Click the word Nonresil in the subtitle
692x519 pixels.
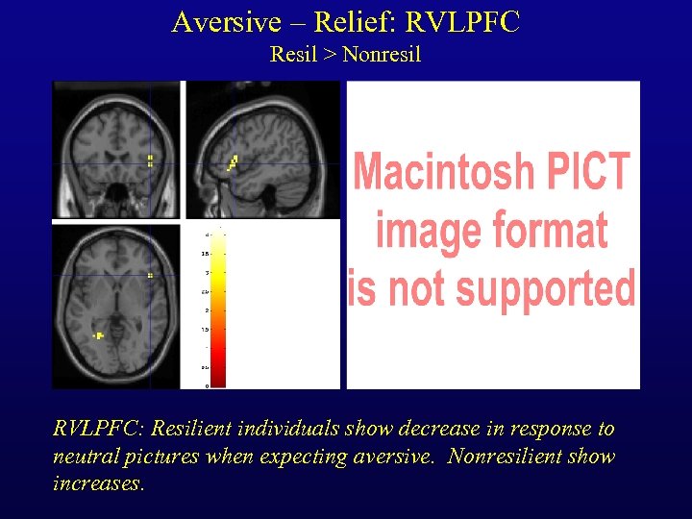pyautogui.click(x=382, y=55)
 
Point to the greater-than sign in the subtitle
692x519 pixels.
pyautogui.click(x=329, y=55)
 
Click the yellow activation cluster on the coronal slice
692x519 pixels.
pyautogui.click(x=150, y=161)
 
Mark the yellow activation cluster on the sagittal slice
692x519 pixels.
pyautogui.click(x=232, y=162)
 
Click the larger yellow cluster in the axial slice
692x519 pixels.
pyautogui.click(x=98, y=335)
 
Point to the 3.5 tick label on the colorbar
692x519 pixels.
pyautogui.click(x=205, y=254)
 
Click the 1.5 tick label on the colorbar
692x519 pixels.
pyautogui.click(x=205, y=330)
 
